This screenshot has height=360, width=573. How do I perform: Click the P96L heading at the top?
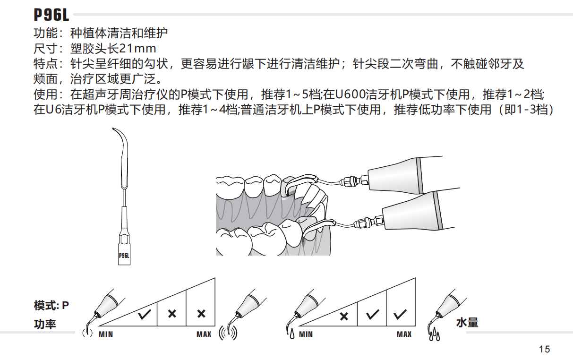pyautogui.click(x=51, y=15)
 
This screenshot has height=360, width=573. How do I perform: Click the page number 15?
pyautogui.click(x=544, y=350)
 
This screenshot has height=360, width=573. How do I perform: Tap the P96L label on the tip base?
pyautogui.click(x=124, y=256)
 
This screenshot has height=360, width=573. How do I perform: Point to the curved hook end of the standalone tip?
pyautogui.click(x=119, y=135)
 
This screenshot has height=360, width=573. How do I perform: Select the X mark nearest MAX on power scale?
pyautogui.click(x=201, y=314)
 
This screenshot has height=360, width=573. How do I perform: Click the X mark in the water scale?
pyautogui.click(x=344, y=316)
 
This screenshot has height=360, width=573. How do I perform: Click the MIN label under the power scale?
pyautogui.click(x=106, y=334)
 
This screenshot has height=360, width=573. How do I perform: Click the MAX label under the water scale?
pyautogui.click(x=404, y=334)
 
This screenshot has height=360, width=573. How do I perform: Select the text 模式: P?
pyautogui.click(x=51, y=306)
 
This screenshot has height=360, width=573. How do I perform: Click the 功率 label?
pyautogui.click(x=45, y=325)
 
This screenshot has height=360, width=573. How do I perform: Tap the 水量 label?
pyautogui.click(x=467, y=323)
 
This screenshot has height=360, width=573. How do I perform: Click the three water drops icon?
pyautogui.click(x=434, y=335)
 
